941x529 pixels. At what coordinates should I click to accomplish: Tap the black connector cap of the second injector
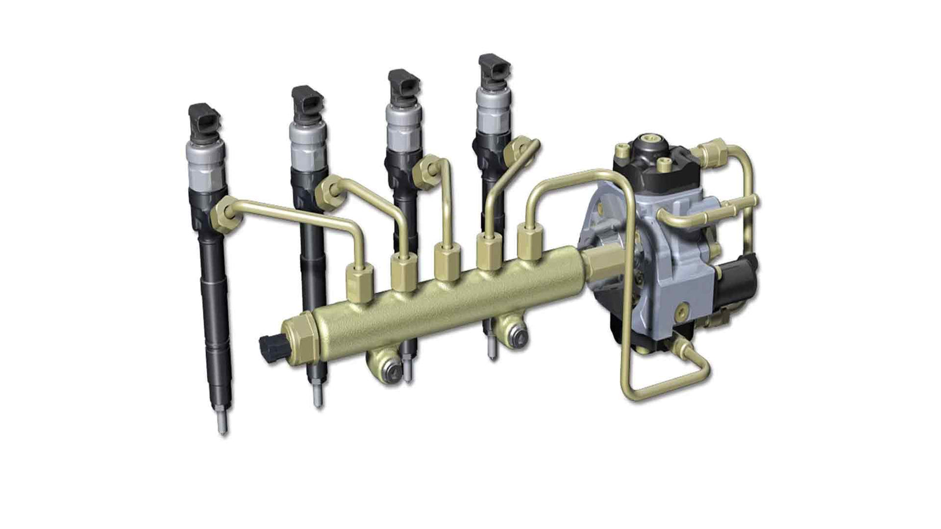[307, 103]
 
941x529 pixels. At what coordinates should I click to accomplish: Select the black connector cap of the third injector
[403, 85]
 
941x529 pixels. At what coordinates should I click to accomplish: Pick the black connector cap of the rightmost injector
[493, 69]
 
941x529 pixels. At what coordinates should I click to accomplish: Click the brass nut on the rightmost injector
[519, 149]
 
